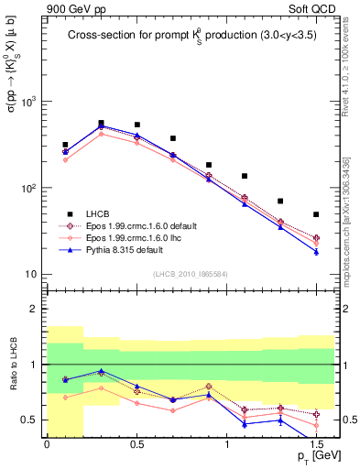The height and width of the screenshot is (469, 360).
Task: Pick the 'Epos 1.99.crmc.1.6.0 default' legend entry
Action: coord(138,224)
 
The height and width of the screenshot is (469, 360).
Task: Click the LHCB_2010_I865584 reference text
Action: coord(190,274)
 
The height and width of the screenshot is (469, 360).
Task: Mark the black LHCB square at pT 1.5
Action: coord(316,214)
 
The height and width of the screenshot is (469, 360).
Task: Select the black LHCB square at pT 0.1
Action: coord(65,145)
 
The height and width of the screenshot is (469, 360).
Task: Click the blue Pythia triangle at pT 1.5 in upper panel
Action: coord(316,252)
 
